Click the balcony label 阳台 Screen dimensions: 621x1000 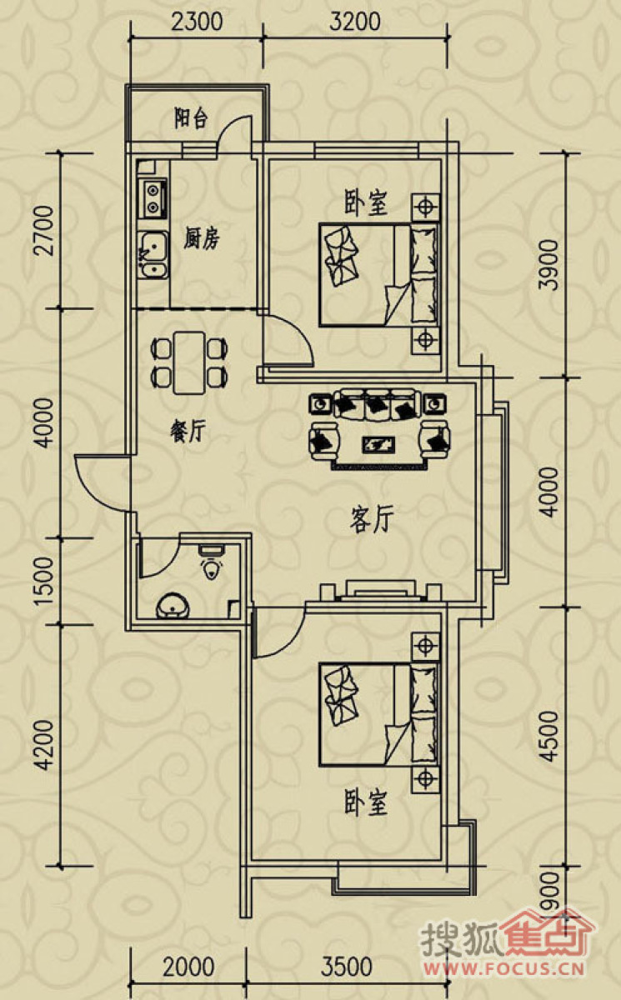coord(191,118)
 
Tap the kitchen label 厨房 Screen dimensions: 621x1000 coord(202,239)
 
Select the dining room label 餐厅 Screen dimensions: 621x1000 coord(188,432)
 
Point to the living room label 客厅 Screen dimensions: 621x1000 coord(372,520)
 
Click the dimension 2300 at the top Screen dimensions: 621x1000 coord(197,22)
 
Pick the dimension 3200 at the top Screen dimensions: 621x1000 coord(355,22)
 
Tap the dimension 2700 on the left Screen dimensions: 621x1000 coord(45,230)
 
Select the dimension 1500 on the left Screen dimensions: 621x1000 coord(45,581)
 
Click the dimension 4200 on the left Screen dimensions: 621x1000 coord(45,745)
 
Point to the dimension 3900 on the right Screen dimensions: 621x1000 coord(548,265)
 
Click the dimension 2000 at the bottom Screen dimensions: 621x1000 coord(188,964)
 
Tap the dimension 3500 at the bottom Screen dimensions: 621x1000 coord(347,964)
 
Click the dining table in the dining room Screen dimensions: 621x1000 coord(189,362)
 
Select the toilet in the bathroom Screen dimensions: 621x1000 coord(212,561)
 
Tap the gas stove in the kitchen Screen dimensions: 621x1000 coord(153,198)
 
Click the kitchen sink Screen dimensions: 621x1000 coord(153,255)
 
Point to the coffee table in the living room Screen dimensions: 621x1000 coord(378,444)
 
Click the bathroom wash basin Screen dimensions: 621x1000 coord(173,606)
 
